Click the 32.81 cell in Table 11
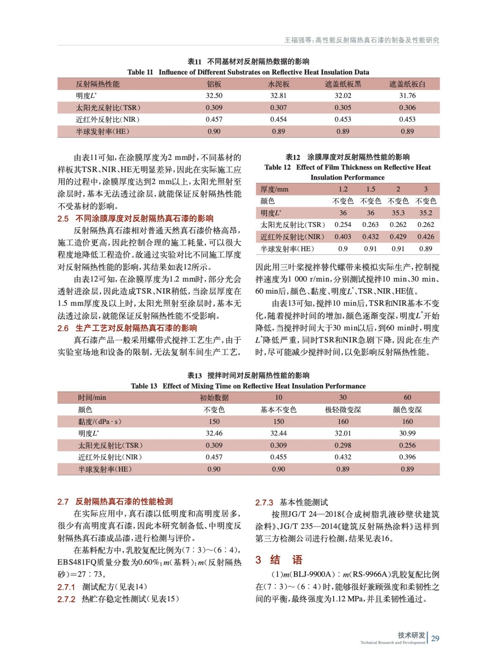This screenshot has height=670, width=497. [x=278, y=95]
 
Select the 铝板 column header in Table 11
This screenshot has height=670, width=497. [x=214, y=84]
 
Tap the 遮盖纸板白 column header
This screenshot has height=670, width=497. [x=407, y=84]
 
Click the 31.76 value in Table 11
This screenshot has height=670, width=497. [x=407, y=95]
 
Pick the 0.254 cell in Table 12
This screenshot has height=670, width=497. [x=343, y=224]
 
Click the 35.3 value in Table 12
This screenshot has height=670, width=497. [x=398, y=213]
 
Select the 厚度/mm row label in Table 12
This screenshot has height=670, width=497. [x=274, y=189]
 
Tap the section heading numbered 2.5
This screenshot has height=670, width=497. [x=135, y=218]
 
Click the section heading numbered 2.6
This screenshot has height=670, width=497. [x=127, y=328]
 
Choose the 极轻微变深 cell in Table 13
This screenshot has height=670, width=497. [x=343, y=410]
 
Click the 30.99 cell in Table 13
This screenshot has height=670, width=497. [x=407, y=433]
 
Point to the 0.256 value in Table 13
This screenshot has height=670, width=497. [x=407, y=445]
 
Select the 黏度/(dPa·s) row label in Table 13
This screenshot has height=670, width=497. [x=100, y=421]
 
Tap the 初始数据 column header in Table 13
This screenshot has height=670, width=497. [x=214, y=397]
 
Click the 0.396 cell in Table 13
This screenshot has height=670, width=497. [x=407, y=457]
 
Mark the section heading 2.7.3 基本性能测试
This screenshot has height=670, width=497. [x=292, y=502]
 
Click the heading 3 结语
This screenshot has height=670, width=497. [x=279, y=559]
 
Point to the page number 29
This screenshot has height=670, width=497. [x=435, y=638]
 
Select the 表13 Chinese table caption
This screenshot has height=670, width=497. [x=248, y=375]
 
